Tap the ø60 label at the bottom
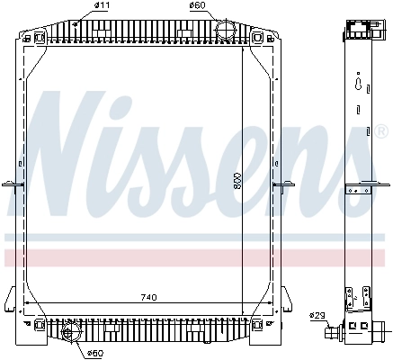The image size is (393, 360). pos(94,352)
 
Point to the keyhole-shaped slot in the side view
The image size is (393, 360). pos(359,86)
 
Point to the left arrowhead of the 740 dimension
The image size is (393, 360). pos(26,303)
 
